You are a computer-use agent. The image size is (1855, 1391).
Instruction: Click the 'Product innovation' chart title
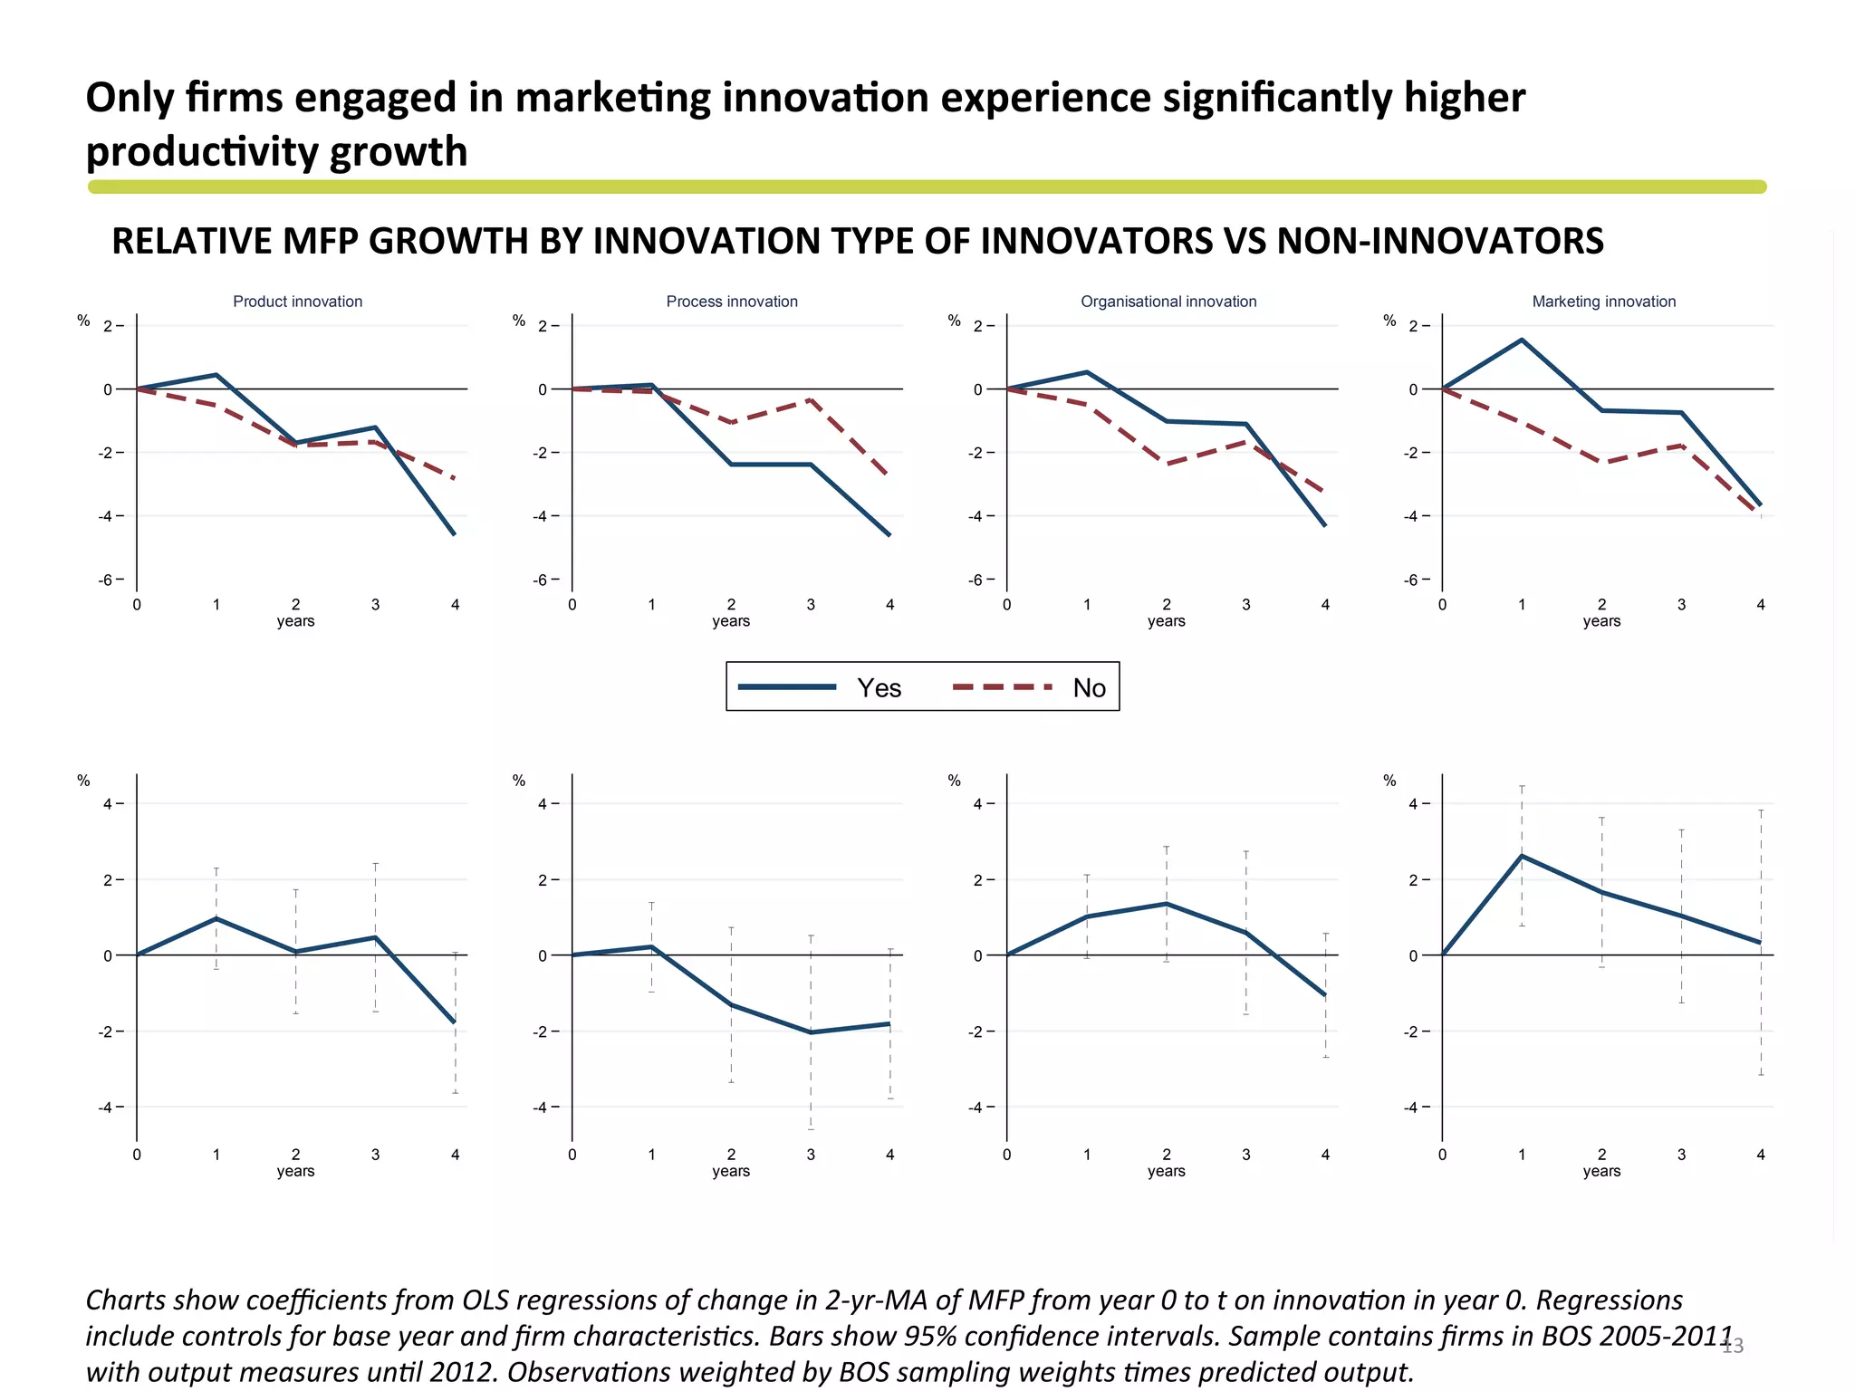coord(297,302)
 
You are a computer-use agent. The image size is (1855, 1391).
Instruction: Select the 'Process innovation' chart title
coord(732,302)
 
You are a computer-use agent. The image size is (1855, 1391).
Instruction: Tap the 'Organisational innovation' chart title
coord(1168,302)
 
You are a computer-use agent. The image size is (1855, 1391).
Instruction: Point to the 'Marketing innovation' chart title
coord(1603,302)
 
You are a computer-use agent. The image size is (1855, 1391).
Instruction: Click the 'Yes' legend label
coord(879,688)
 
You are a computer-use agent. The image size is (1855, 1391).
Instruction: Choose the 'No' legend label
coord(1089,688)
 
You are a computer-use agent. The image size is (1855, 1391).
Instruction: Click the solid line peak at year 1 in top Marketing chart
coord(1522,340)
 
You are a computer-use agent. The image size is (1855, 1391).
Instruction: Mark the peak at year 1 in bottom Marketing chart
coord(1522,855)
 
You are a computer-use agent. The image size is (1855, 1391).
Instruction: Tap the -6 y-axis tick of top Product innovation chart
coord(106,580)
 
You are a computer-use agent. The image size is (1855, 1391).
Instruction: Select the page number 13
coord(1732,1347)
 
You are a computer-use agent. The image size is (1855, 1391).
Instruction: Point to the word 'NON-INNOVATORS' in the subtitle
coord(1439,241)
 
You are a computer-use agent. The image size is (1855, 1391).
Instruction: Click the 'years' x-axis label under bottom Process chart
coord(731,1171)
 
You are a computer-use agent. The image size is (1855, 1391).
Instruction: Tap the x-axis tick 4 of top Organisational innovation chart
coord(1325,605)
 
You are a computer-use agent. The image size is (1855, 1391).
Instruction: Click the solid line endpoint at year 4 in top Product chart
coord(455,534)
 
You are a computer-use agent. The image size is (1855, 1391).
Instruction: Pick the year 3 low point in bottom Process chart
coord(811,1032)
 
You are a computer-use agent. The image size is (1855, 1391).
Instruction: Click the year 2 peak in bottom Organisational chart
coord(1167,904)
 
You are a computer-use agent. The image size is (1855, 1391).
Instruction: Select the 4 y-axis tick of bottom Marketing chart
coord(1413,803)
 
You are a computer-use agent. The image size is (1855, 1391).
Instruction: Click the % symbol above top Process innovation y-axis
coord(519,321)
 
